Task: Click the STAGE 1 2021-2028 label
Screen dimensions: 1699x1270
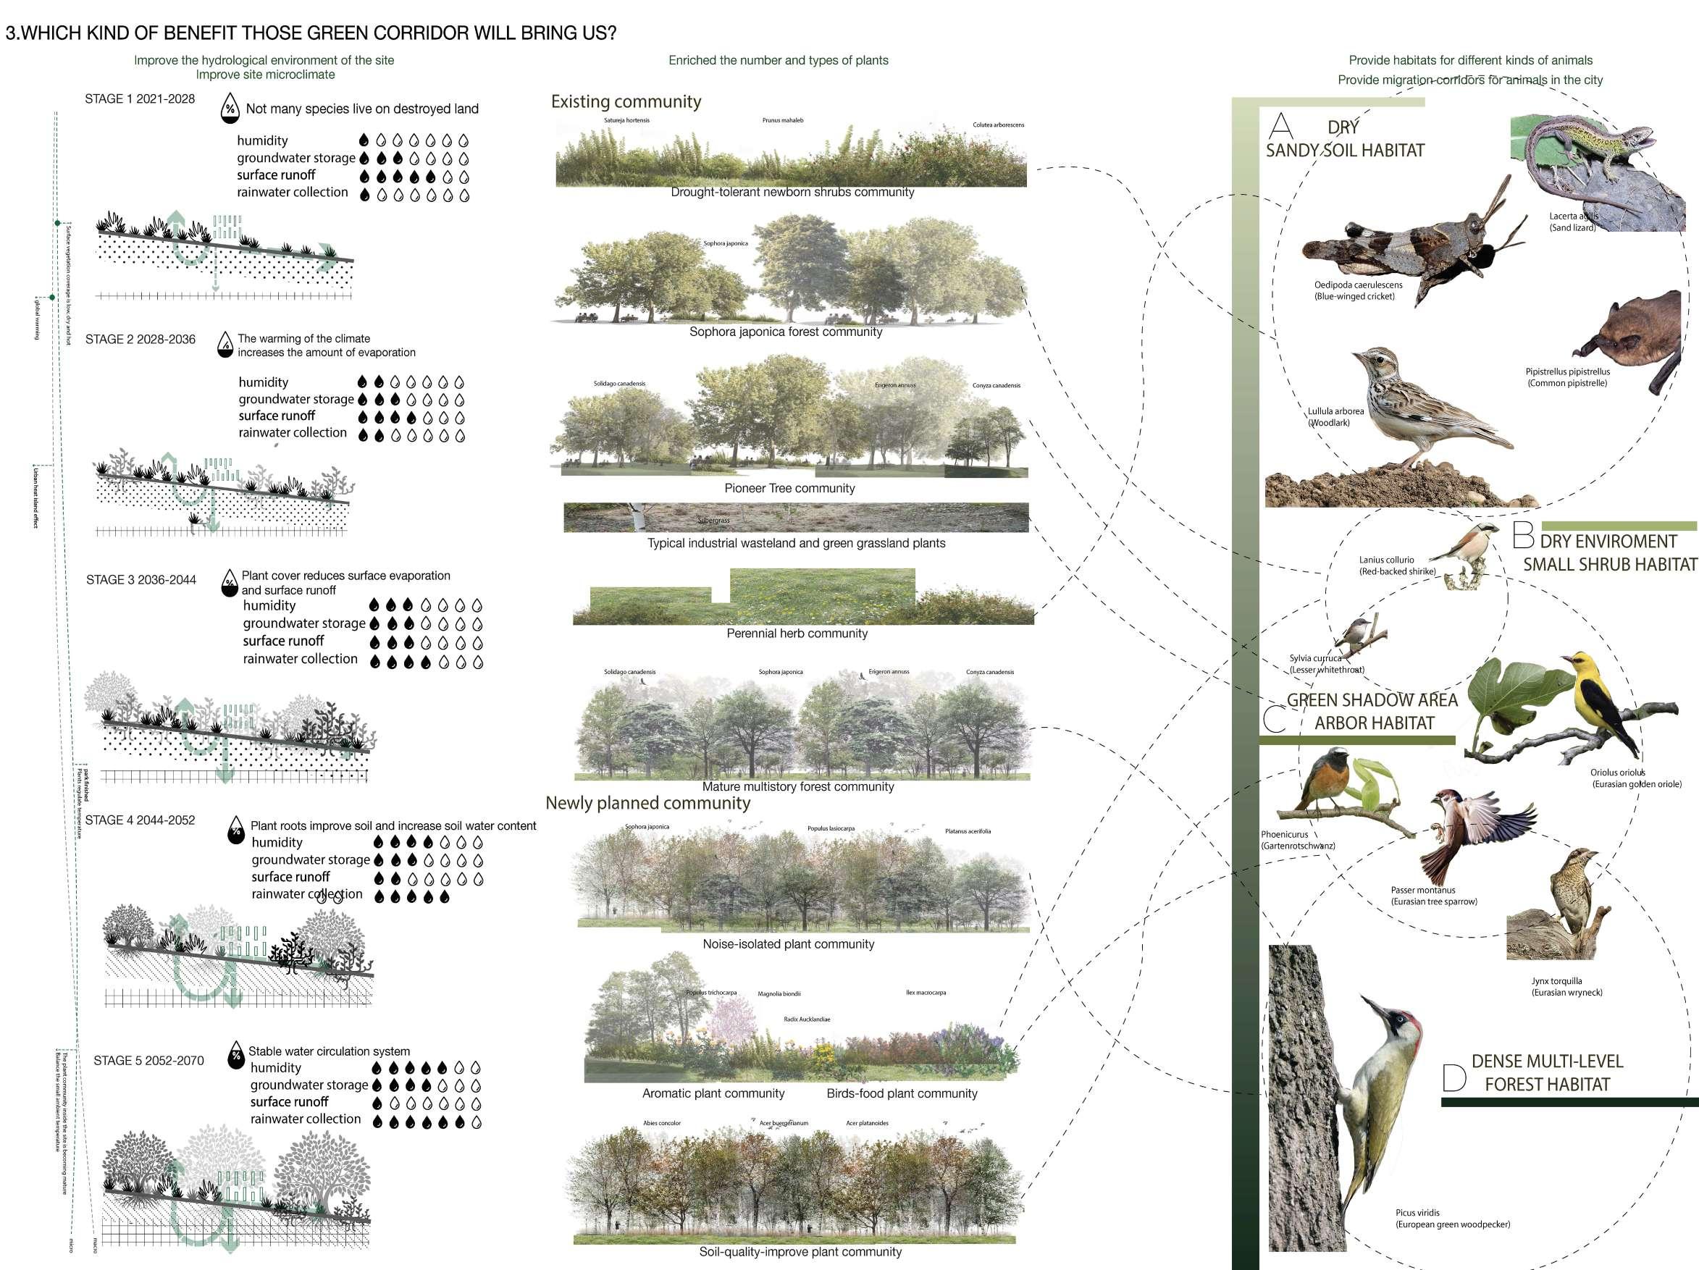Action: pyautogui.click(x=140, y=99)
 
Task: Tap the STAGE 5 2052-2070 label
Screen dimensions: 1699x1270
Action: pyautogui.click(x=148, y=1060)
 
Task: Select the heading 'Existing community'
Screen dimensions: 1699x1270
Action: pyautogui.click(x=626, y=101)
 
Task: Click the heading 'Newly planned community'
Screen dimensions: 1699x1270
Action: pyautogui.click(x=647, y=803)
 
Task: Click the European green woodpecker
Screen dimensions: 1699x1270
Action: pyautogui.click(x=1383, y=1090)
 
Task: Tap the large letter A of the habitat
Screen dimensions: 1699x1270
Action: pyautogui.click(x=1280, y=125)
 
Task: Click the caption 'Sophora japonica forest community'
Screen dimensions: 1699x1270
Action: pyautogui.click(x=786, y=332)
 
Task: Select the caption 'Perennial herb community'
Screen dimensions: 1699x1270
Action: pyautogui.click(x=797, y=634)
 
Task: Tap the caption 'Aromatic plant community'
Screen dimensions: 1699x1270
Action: pyautogui.click(x=713, y=1093)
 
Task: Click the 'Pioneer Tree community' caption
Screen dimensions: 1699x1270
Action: pyautogui.click(x=789, y=488)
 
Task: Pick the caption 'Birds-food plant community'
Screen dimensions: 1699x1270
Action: pyautogui.click(x=902, y=1093)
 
